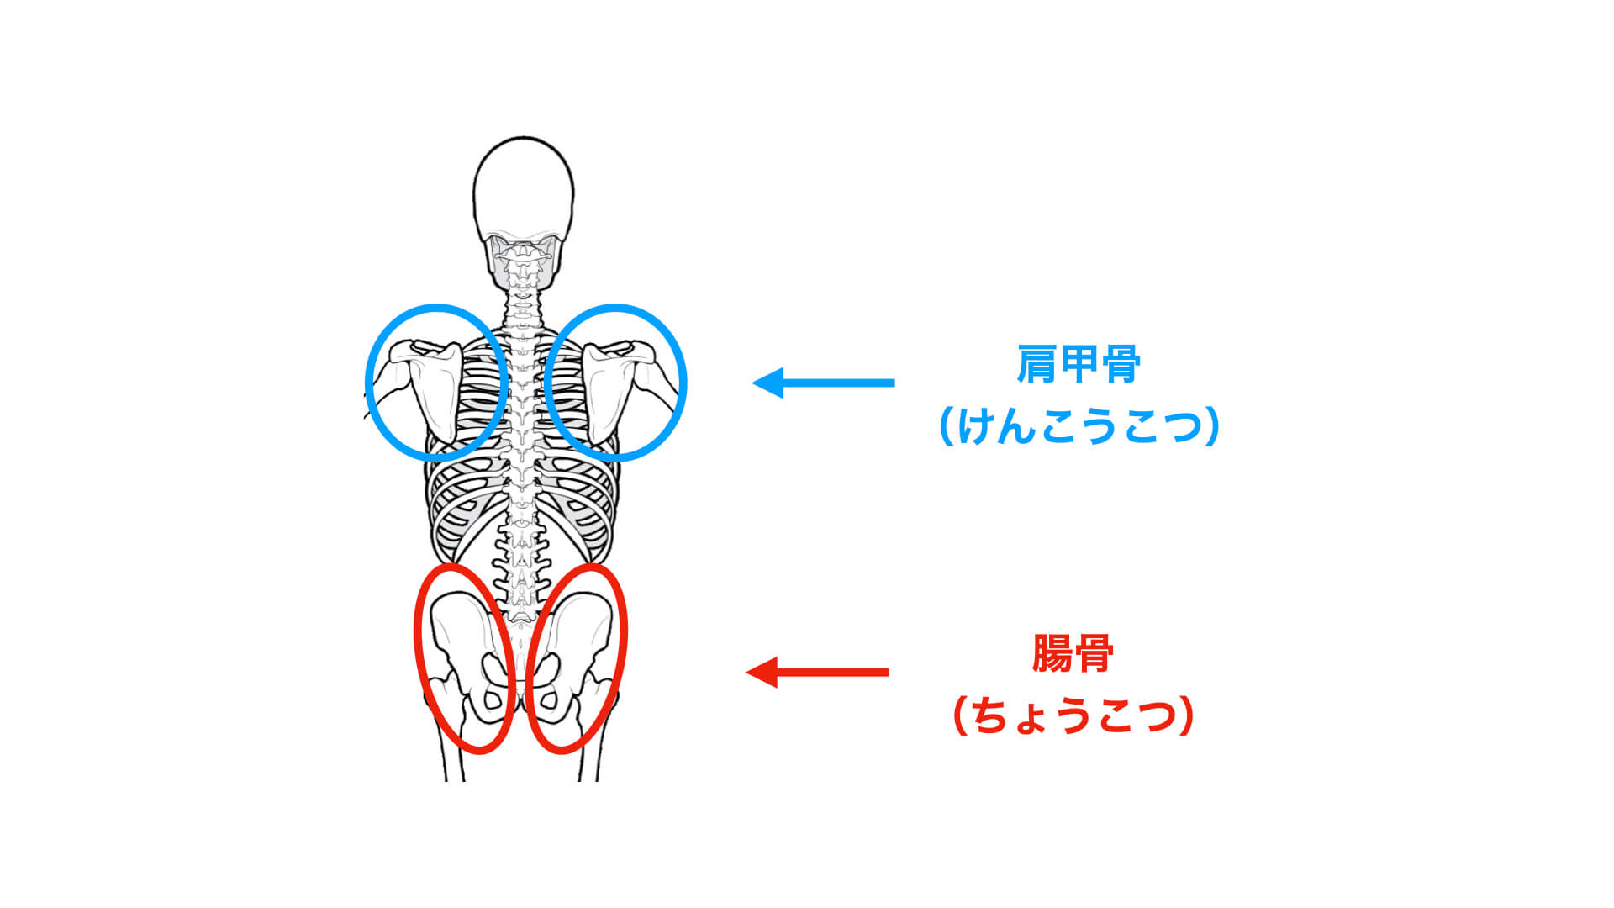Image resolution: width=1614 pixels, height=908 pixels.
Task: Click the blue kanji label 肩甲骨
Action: tap(1079, 364)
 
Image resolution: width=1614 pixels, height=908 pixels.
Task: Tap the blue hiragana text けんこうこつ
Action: tap(1079, 426)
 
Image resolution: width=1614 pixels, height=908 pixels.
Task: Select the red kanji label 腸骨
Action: tap(1073, 653)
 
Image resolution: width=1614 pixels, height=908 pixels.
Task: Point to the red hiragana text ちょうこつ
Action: tap(1073, 716)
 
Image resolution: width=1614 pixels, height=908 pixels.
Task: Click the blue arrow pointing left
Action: tap(823, 383)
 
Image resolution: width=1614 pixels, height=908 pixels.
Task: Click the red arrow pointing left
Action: tap(817, 673)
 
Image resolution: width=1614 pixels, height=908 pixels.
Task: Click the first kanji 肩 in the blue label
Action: tap(1037, 364)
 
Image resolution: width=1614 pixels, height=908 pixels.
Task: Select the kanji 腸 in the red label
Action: tap(1052, 653)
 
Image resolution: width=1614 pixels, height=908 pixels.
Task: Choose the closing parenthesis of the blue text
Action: tap(1211, 426)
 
